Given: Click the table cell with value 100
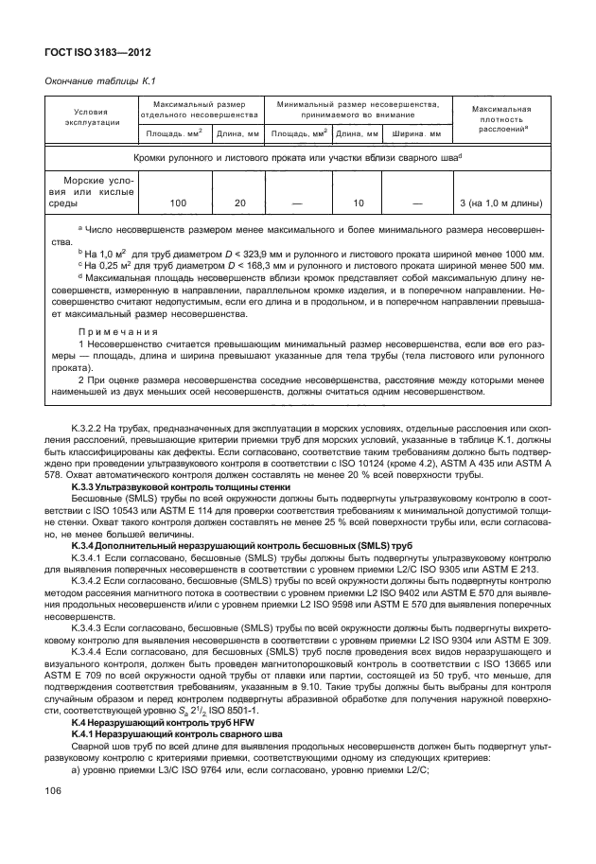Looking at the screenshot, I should [177, 203].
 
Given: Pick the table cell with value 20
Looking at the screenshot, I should [239, 203].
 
